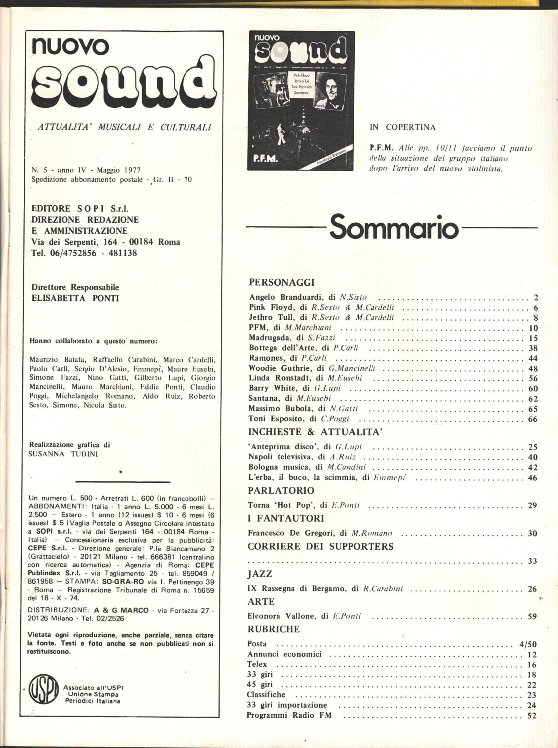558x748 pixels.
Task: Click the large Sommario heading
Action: [x=393, y=227]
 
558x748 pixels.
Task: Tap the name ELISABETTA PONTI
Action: [x=75, y=298]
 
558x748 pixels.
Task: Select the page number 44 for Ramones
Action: [x=532, y=359]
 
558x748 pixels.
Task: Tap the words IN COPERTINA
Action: [x=402, y=127]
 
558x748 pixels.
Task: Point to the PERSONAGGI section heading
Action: [x=281, y=282]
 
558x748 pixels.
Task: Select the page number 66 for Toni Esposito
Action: [x=532, y=419]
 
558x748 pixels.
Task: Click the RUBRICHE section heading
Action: [x=273, y=629]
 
